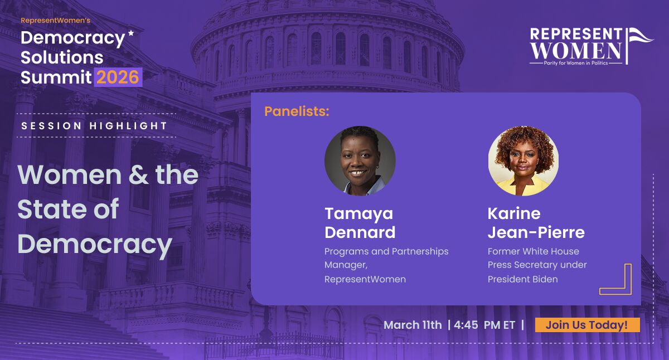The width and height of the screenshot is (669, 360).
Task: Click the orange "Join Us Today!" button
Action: click(x=587, y=325)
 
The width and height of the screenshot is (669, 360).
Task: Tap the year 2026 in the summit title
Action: click(x=118, y=77)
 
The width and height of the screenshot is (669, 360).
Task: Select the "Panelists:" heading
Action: click(x=297, y=111)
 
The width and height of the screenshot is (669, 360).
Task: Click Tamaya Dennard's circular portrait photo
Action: click(x=360, y=161)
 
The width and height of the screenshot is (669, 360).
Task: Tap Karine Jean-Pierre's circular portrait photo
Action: click(x=523, y=161)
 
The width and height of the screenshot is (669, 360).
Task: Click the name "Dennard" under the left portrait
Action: click(x=360, y=232)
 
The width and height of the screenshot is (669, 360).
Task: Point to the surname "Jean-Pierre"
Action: click(x=536, y=232)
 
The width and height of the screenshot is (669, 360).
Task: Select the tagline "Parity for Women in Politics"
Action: click(x=576, y=63)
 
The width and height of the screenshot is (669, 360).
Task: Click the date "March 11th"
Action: click(x=413, y=325)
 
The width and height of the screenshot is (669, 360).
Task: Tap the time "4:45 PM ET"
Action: click(x=484, y=325)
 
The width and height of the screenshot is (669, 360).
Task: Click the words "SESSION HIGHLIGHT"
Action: click(x=94, y=126)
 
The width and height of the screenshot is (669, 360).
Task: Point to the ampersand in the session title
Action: click(x=138, y=174)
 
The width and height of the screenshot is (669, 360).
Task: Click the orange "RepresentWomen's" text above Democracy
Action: click(x=55, y=20)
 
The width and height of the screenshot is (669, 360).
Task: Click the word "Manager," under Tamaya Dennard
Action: click(x=346, y=265)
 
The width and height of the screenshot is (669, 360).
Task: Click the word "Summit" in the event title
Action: click(x=56, y=77)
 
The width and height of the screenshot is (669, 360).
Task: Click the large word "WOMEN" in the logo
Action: click(x=576, y=51)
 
